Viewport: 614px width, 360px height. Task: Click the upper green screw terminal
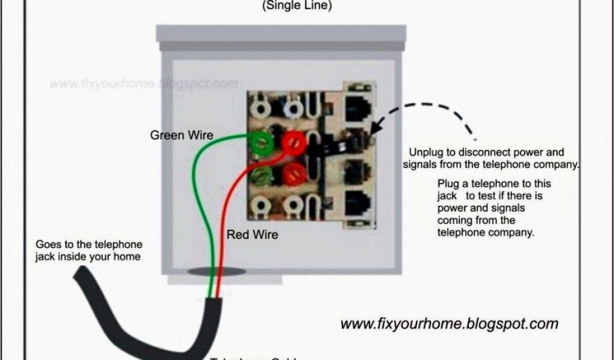[x=262, y=142]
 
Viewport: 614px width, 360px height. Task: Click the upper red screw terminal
[x=293, y=143]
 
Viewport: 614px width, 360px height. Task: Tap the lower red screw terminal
[x=293, y=174]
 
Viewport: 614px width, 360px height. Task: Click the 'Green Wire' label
[x=181, y=136]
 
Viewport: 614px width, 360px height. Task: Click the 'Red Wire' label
[x=252, y=235]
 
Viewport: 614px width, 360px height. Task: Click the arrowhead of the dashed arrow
[x=374, y=130]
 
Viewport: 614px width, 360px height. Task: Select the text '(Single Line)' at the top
[x=296, y=7]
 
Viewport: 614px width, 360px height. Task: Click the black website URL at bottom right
[x=449, y=324]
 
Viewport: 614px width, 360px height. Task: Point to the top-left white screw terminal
[x=261, y=109]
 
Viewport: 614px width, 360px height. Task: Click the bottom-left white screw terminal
[x=261, y=208]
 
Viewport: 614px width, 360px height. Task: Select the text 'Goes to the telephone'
[x=89, y=245]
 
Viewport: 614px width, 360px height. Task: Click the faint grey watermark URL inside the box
[x=143, y=83]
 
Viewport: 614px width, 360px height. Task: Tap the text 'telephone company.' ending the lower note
[x=485, y=233]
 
